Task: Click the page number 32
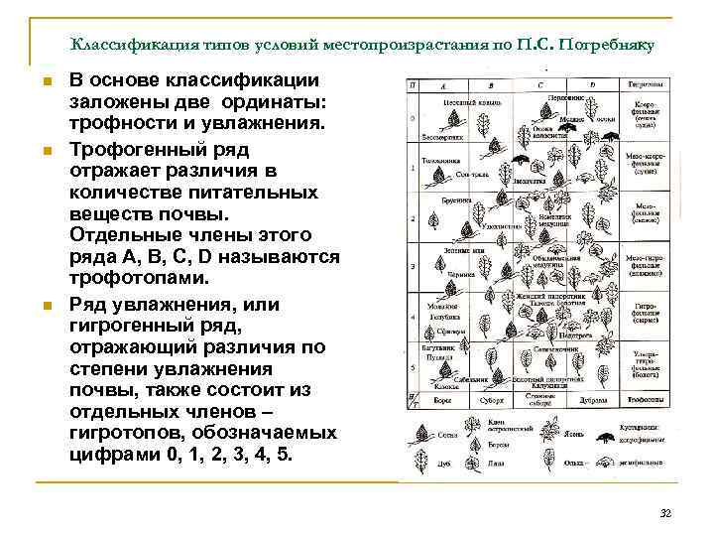point(665,512)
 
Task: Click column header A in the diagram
point(440,86)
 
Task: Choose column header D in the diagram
point(593,86)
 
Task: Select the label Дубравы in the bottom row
point(594,401)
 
